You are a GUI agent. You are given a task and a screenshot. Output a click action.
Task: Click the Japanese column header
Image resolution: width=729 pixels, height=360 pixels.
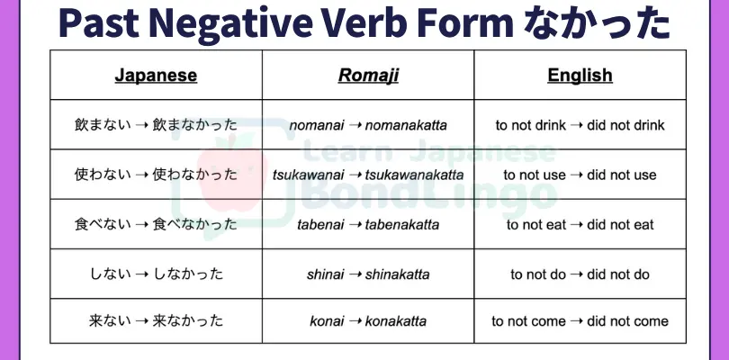(x=156, y=76)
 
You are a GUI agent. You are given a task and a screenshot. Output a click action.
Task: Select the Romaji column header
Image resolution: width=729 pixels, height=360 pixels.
(x=368, y=76)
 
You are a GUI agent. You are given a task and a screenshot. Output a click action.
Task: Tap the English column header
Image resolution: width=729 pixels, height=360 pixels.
(x=580, y=76)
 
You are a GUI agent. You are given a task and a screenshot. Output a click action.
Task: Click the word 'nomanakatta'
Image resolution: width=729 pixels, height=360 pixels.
(x=406, y=125)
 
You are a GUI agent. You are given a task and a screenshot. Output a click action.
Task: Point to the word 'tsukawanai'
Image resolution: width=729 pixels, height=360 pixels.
(x=308, y=175)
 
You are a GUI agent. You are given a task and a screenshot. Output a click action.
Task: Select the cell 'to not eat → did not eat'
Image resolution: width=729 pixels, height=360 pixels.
(x=580, y=225)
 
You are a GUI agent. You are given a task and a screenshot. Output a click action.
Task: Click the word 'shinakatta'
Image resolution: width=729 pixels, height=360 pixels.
(x=397, y=274)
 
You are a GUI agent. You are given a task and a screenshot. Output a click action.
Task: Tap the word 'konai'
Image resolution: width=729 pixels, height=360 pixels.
(x=327, y=321)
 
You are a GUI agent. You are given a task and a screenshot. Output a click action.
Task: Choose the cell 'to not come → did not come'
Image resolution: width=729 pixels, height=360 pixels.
(x=580, y=321)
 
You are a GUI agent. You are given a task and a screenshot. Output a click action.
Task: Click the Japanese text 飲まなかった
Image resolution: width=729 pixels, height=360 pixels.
(x=194, y=125)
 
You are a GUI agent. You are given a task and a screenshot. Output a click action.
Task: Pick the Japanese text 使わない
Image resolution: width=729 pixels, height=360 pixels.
(x=103, y=175)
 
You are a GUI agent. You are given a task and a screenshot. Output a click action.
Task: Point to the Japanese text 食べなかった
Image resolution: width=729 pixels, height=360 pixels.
(x=194, y=224)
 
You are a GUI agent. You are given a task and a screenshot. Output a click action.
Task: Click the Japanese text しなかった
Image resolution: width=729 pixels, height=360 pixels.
(x=188, y=274)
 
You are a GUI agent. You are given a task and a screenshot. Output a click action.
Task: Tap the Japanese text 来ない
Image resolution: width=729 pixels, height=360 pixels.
(x=110, y=321)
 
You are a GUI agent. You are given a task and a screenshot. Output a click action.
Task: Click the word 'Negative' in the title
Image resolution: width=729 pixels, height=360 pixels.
(x=231, y=23)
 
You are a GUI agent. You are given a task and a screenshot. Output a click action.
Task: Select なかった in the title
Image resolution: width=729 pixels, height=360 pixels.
(x=596, y=23)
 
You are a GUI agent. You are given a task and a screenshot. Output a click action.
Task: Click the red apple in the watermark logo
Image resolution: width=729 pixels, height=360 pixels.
(x=232, y=173)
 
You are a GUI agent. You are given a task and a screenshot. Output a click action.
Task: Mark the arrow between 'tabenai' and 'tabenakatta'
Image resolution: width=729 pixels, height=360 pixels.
(x=355, y=225)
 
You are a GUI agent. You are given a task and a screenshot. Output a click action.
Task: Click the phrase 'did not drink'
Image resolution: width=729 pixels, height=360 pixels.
(x=625, y=125)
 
